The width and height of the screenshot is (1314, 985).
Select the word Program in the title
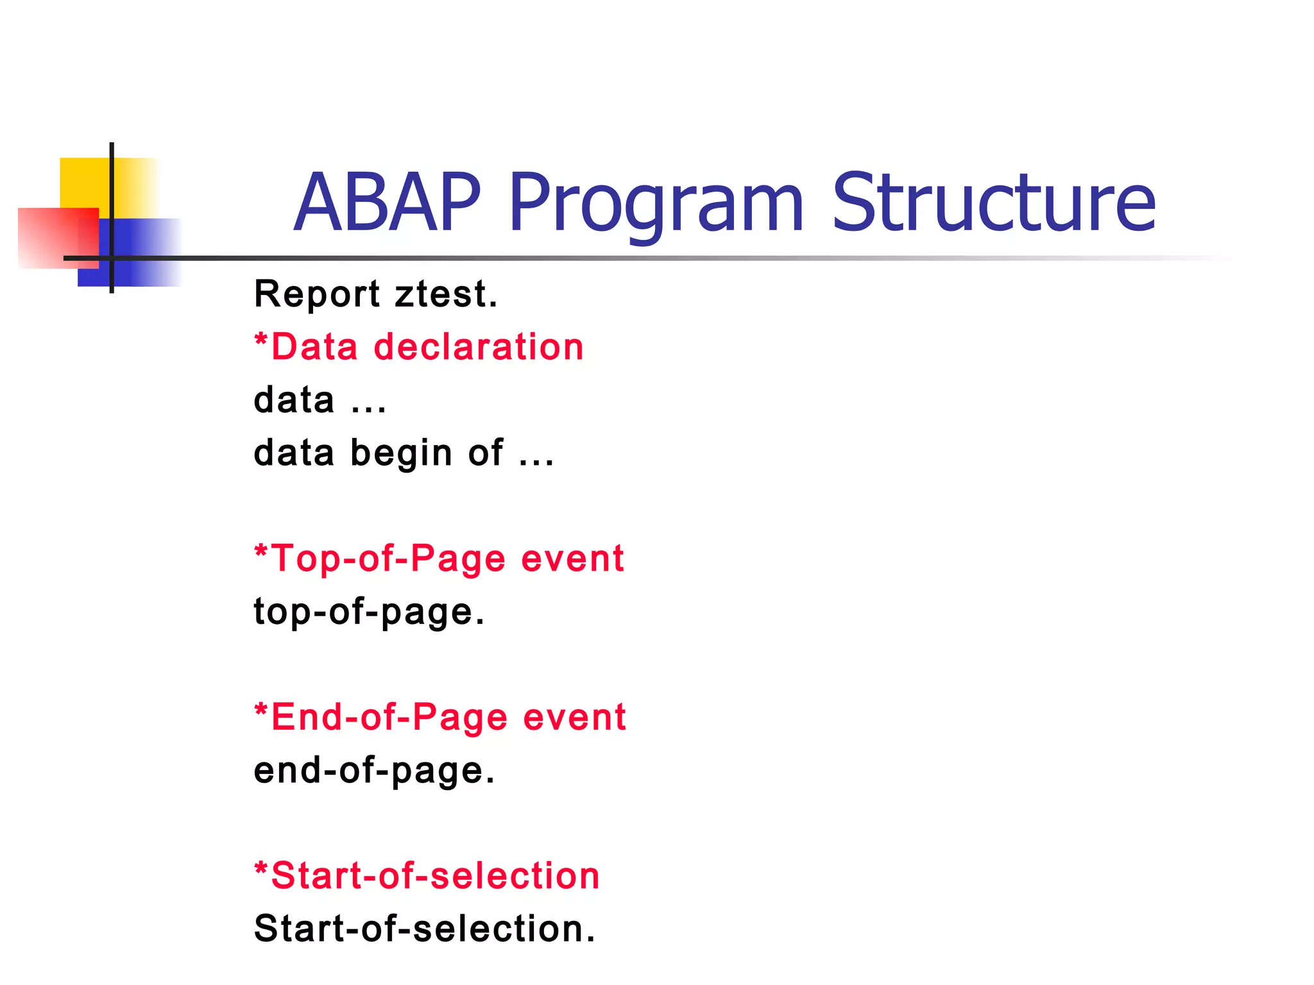(656, 204)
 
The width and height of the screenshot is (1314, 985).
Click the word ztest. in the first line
(446, 294)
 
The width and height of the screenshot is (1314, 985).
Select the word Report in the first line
(317, 294)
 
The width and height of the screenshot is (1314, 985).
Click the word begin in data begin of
(402, 454)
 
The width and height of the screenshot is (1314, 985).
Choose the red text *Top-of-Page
(379, 559)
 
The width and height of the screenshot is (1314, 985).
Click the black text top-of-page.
(369, 612)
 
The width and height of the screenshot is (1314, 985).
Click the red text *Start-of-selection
(427, 875)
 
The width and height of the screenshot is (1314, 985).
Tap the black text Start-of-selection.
(425, 929)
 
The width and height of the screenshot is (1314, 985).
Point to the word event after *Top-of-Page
(572, 559)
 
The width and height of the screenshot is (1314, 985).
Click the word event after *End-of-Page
(574, 717)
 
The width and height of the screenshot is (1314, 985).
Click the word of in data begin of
(486, 453)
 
